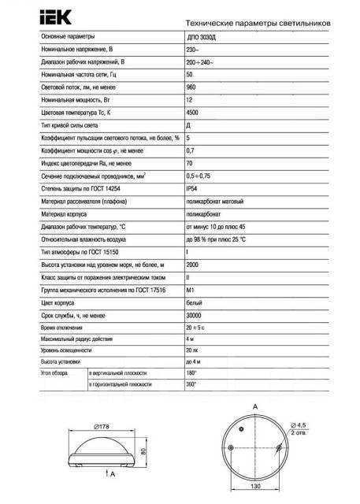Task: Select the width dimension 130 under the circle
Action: (256, 487)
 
